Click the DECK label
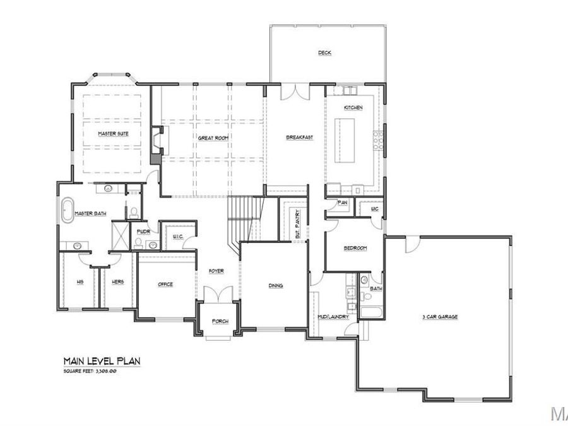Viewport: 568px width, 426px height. click(324, 53)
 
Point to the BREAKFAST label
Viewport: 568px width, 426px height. click(299, 137)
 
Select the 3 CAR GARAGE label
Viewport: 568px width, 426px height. click(440, 316)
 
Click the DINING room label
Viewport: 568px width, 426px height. click(275, 285)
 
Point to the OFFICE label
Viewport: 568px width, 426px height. click(165, 285)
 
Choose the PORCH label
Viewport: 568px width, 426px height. click(220, 321)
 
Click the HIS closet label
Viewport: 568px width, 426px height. click(80, 281)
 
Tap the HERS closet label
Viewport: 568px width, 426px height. click(117, 281)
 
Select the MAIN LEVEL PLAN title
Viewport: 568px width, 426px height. click(101, 361)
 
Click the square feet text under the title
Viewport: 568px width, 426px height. click(90, 371)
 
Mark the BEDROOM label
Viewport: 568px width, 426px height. click(355, 248)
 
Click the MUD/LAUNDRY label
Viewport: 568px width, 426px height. click(333, 316)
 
